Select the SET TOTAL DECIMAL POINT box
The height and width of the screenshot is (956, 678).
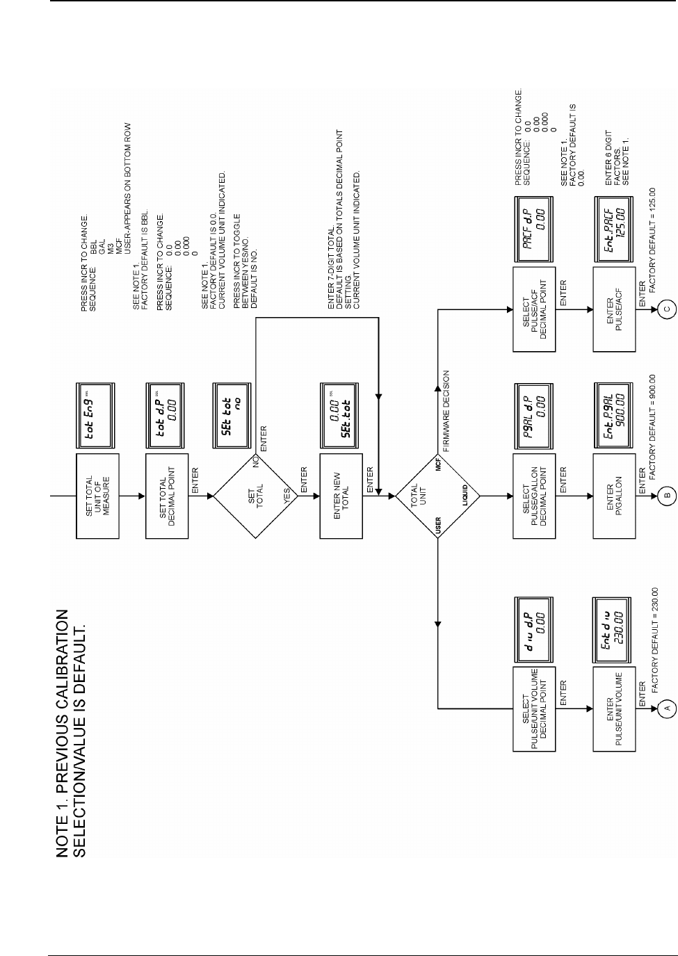(x=167, y=496)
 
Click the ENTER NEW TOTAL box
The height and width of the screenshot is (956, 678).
(x=341, y=496)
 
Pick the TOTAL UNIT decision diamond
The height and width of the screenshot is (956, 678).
(x=437, y=496)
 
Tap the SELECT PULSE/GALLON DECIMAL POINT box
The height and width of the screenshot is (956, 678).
(x=534, y=496)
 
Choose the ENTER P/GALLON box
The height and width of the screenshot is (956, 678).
(x=614, y=496)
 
